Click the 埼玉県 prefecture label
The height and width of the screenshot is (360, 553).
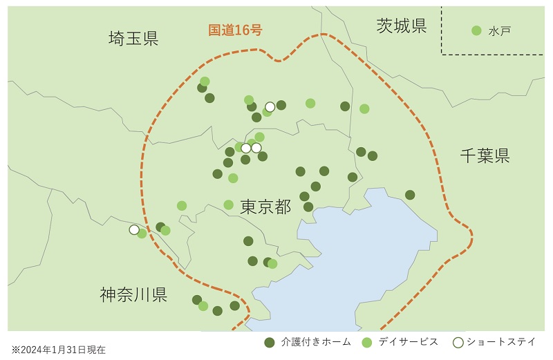point(133,38)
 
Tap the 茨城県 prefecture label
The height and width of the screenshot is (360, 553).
point(402,26)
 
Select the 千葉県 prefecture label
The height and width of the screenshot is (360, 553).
point(485,155)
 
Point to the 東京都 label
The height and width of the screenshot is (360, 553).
point(265,206)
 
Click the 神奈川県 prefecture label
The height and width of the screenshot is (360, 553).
point(133,295)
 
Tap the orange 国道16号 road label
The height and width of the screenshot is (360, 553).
point(235,30)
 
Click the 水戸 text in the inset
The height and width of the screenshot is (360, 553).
point(500,31)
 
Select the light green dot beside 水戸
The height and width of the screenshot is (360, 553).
point(476,30)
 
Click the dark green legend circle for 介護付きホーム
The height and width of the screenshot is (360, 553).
point(270,342)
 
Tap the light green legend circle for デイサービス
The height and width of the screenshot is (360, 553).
point(367,342)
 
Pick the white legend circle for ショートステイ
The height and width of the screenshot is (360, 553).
point(457,342)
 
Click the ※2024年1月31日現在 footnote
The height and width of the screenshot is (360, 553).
point(59,350)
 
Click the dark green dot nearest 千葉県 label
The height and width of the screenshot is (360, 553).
point(410,195)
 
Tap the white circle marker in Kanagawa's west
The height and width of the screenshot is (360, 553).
point(134,229)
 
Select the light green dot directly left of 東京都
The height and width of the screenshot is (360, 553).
point(229,205)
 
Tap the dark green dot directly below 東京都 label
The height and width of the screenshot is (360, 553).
point(248,241)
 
